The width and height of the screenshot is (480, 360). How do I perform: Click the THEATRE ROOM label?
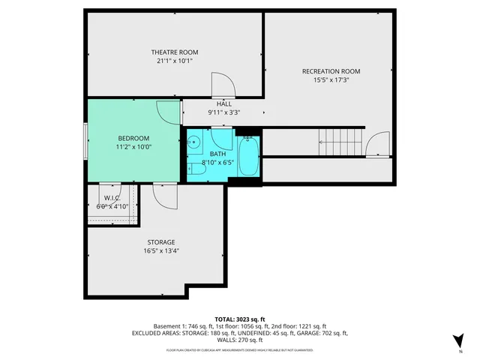(x=174, y=52)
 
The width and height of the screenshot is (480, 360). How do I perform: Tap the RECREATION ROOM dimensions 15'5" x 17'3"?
(x=326, y=79)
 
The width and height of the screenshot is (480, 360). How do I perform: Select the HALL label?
(x=223, y=103)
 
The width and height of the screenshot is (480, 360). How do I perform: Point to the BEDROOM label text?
(x=133, y=138)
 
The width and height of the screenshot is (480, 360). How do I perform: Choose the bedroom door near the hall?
(x=169, y=112)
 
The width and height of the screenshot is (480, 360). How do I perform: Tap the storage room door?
(x=164, y=196)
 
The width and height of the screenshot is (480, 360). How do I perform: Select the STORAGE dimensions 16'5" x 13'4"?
(x=161, y=251)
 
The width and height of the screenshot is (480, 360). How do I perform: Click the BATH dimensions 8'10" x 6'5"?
(x=218, y=162)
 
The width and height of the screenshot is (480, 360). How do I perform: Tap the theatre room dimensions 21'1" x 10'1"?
(x=174, y=61)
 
